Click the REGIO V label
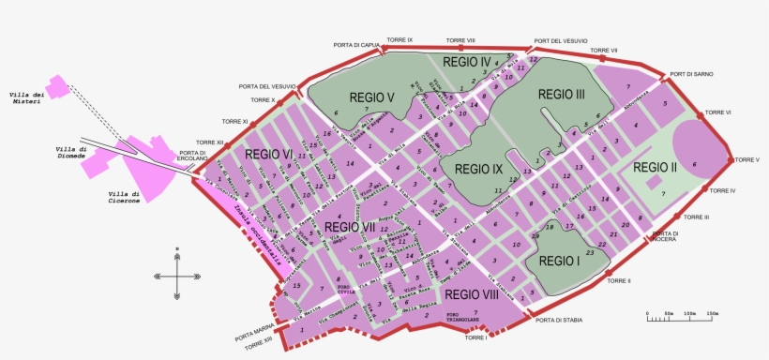click(x=372, y=97)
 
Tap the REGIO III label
click(x=561, y=94)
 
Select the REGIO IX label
click(x=478, y=170)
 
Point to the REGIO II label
click(x=655, y=168)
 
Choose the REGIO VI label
click(x=269, y=155)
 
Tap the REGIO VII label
click(x=349, y=226)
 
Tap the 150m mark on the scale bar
click(x=712, y=313)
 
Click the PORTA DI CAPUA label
click(x=355, y=43)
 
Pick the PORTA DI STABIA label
click(x=559, y=320)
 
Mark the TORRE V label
click(x=746, y=160)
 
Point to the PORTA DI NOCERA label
click(x=665, y=236)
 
